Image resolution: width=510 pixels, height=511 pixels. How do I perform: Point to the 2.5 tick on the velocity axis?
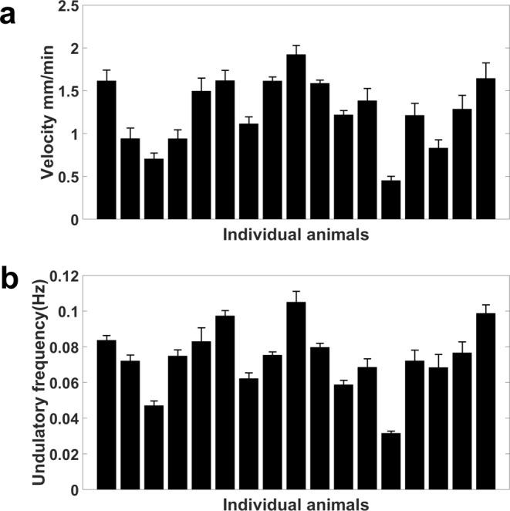[70, 6]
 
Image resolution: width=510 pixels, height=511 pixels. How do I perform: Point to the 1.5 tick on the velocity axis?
[70, 92]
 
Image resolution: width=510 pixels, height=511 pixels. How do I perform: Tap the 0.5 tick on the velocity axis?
[70, 177]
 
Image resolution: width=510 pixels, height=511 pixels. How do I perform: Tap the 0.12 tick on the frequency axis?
[66, 276]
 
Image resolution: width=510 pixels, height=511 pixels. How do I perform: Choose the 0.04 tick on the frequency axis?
[66, 419]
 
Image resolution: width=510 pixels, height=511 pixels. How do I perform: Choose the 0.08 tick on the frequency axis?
[66, 347]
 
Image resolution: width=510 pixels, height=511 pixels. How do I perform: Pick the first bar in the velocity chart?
[106, 151]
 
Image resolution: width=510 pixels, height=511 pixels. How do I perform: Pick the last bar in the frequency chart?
[485, 401]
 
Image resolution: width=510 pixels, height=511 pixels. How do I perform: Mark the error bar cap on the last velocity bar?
[485, 63]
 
